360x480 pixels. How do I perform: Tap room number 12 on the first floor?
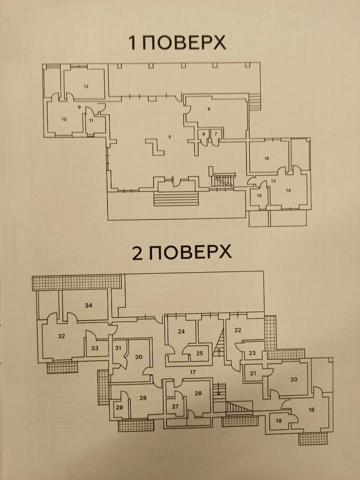pos(86,86)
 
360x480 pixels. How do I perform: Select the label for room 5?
pos(170,137)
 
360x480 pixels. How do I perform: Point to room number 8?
pos(209,109)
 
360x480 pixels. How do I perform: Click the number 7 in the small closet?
pos(216,134)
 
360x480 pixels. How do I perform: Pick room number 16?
pos(267,158)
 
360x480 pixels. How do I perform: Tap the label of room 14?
pos(288,190)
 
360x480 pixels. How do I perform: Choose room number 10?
pos(64,120)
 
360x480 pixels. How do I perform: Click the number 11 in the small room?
pos(91,120)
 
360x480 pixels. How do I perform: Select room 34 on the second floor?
pos(88,305)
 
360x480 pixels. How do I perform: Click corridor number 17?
pos(192,372)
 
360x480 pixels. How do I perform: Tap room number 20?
pos(294,379)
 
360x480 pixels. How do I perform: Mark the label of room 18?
pos(311,410)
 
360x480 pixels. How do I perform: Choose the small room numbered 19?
pos(279,421)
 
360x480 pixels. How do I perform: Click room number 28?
pos(143,398)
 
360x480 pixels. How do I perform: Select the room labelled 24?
pos(181,338)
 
